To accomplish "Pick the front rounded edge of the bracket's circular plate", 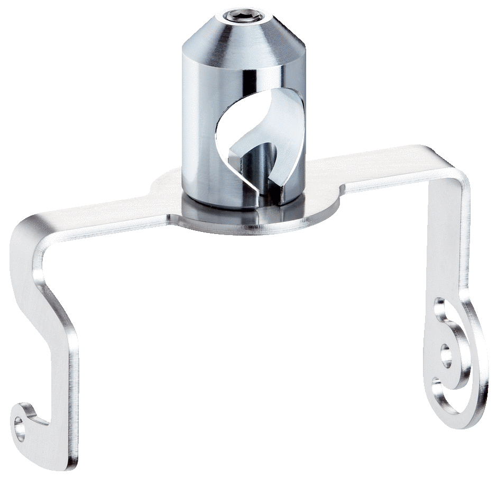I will click(248, 229).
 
